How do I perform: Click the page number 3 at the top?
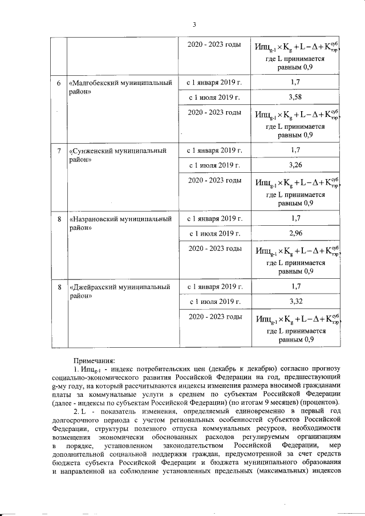point(194,25)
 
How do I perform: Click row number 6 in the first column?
point(59,83)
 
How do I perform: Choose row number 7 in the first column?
point(59,151)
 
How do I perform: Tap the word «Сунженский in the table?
point(90,151)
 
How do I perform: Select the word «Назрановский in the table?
point(94,219)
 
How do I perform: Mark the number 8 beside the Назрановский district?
point(59,219)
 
